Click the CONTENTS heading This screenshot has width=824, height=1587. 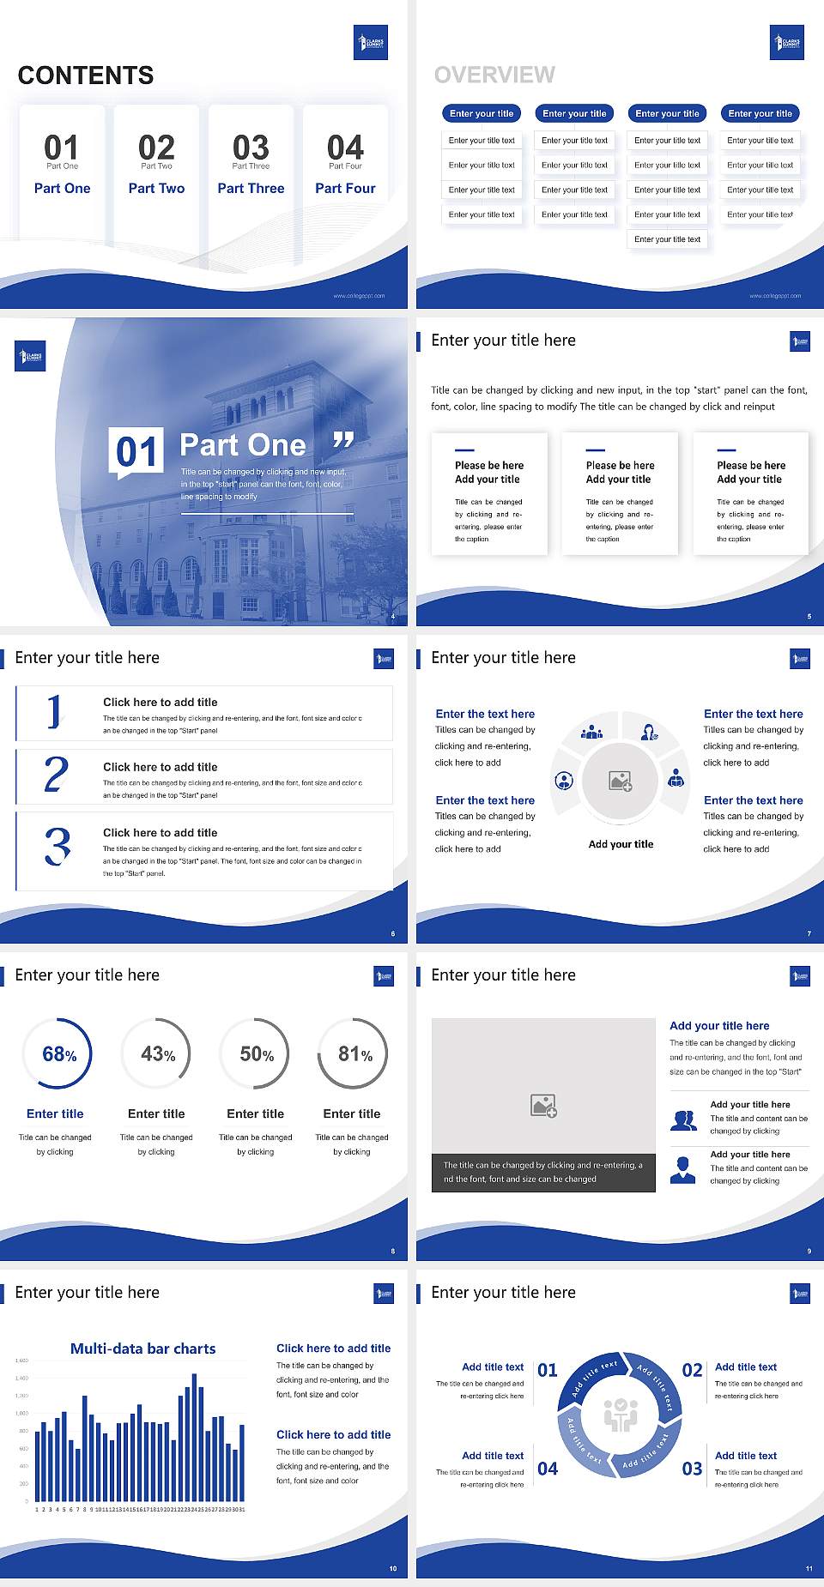[86, 75]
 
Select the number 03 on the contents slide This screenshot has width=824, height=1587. [251, 148]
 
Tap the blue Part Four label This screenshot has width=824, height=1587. [345, 189]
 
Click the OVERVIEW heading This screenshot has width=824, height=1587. [494, 75]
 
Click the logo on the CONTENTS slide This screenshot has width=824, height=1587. [371, 43]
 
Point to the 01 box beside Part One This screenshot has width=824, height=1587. [136, 451]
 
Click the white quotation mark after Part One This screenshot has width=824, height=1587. [343, 441]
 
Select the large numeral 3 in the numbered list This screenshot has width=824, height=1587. [58, 846]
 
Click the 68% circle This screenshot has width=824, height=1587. [58, 1053]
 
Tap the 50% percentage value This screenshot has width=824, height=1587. [256, 1054]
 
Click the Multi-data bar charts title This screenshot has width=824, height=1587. [143, 1349]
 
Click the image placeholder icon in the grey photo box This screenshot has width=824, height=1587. [543, 1106]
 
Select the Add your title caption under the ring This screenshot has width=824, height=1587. [621, 844]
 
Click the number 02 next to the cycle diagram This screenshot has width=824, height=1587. [692, 1370]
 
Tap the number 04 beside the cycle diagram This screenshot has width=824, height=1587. [548, 1469]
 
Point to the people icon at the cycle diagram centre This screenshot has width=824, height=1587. [620, 1415]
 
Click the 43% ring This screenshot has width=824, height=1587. [157, 1053]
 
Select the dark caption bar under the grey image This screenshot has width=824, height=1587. [543, 1172]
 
